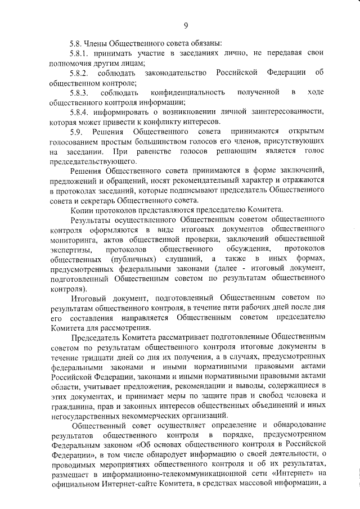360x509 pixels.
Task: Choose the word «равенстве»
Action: (145, 151)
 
